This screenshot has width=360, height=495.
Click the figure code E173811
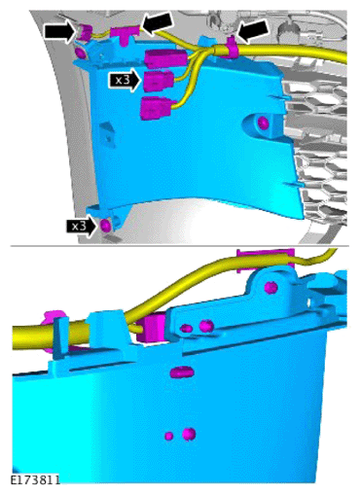point(35,480)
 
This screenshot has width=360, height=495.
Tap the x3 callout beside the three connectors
point(125,80)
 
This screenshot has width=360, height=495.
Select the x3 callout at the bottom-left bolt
point(82,226)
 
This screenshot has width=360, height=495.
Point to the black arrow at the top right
point(253,31)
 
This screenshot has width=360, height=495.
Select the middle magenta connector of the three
point(159,81)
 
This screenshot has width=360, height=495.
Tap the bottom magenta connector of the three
point(156,108)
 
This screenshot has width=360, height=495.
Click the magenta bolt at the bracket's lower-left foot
point(106,226)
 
